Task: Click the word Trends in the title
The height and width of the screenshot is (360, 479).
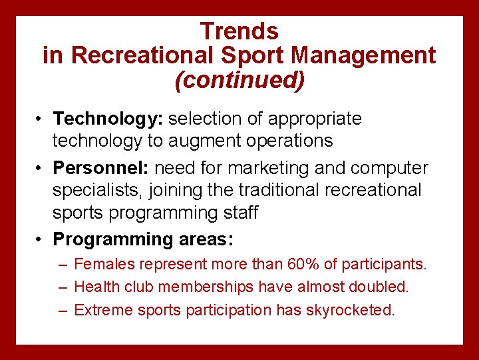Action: [x=239, y=31]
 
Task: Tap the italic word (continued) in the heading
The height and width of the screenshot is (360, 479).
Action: [x=239, y=80]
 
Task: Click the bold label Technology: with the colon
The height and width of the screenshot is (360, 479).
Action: [x=108, y=119]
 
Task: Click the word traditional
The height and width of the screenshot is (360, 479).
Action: [x=273, y=190]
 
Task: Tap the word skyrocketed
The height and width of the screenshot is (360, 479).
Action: [x=350, y=310]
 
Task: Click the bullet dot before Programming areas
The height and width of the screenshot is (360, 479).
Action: [x=41, y=239]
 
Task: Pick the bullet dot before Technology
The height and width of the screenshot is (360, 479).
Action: [x=41, y=119]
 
